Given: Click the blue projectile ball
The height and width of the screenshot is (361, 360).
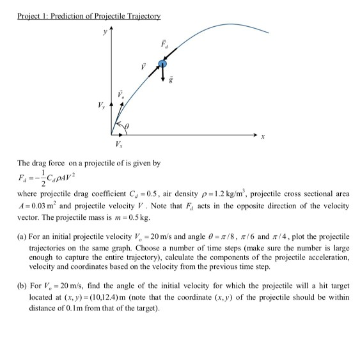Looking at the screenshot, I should tap(163, 63).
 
